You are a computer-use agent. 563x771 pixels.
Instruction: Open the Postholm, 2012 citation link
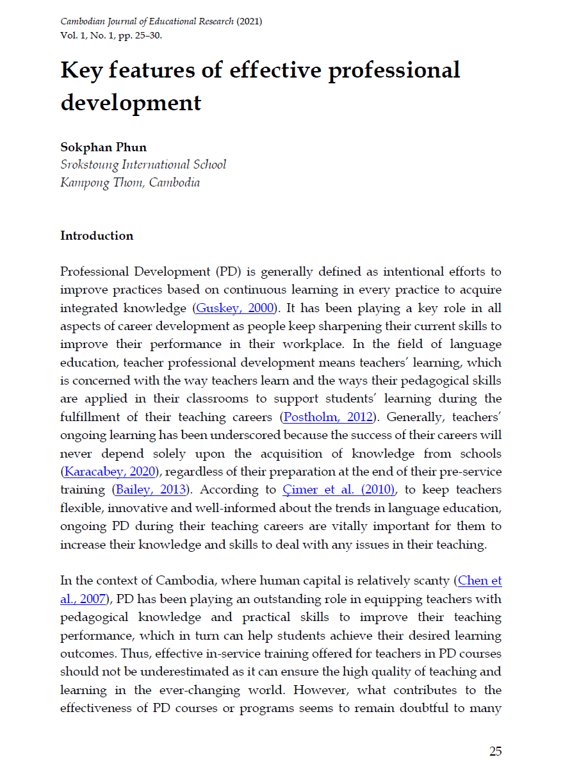327,417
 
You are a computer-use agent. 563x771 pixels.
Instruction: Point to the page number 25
495,751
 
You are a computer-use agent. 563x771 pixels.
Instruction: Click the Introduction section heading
97,236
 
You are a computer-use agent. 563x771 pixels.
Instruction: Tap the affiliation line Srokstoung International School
143,165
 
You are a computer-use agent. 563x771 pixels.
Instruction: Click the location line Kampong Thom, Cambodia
130,183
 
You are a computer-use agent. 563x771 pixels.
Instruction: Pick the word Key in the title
81,70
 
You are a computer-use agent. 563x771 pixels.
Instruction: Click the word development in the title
131,103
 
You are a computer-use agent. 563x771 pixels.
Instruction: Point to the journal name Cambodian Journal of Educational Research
147,22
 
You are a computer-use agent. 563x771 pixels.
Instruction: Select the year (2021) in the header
249,22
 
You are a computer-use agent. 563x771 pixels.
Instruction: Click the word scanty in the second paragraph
429,581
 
